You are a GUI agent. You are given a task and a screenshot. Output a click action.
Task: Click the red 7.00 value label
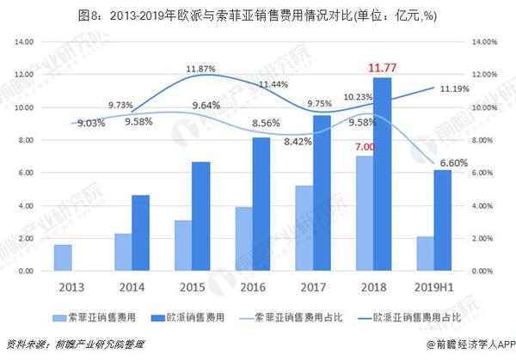[x=365, y=147]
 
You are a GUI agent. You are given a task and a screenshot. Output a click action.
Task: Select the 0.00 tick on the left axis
[x=25, y=272]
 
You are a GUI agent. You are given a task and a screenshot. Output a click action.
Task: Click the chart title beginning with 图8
[x=258, y=12]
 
